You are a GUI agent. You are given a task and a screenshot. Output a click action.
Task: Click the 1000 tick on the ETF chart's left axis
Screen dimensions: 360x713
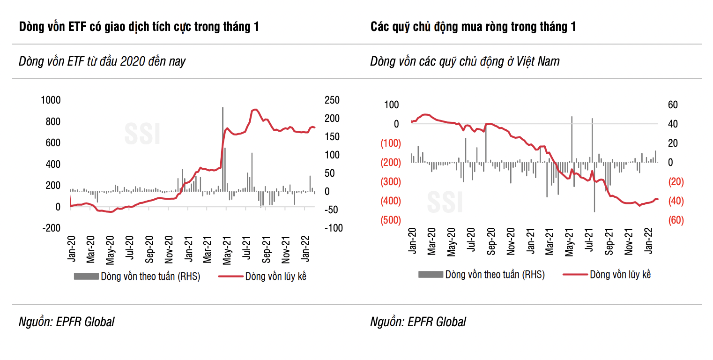(51, 100)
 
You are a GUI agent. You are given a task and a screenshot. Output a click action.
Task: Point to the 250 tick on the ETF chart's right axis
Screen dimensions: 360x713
(332, 100)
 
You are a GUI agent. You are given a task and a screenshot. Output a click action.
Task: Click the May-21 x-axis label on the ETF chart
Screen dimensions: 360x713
(227, 250)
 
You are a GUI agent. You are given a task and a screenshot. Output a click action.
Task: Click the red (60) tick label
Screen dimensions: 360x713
(676, 220)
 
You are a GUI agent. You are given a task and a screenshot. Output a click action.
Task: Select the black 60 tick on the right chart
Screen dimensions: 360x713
(673, 105)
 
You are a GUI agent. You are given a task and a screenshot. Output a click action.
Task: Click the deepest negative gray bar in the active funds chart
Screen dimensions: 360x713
(594, 187)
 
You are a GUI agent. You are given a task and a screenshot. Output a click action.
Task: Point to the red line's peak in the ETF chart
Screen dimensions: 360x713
(255, 110)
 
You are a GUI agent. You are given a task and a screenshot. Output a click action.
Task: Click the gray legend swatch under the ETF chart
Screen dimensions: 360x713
(86, 277)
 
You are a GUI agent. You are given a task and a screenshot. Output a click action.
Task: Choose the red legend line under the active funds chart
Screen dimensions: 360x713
(575, 275)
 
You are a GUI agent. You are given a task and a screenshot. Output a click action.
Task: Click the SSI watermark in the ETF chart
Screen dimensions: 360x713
(142, 134)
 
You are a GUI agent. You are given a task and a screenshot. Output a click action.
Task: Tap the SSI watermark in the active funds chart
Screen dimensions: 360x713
(445, 202)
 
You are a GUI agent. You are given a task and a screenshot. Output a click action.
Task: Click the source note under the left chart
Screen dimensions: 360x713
(67, 322)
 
